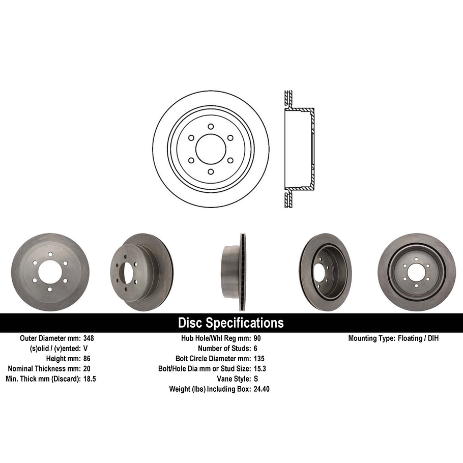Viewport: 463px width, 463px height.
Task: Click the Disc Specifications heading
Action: [231, 323]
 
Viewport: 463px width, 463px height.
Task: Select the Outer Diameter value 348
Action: [89, 338]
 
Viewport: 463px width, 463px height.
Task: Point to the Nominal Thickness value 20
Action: [86, 369]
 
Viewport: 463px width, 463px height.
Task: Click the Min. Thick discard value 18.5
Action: [90, 379]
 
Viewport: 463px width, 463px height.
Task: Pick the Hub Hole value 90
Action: [257, 338]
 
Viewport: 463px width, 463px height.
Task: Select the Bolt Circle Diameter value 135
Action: [259, 359]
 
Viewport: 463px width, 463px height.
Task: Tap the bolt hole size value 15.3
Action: [260, 369]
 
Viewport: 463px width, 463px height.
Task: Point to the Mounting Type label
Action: [370, 338]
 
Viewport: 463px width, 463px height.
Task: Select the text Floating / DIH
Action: [418, 338]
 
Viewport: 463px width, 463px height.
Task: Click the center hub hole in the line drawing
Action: [211, 149]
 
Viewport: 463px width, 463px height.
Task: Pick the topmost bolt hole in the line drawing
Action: [211, 127]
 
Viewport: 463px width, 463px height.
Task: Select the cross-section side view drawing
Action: [298, 149]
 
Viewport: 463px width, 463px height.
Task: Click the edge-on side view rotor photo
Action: [234, 272]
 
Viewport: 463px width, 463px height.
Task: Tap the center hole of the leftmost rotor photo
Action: [49, 272]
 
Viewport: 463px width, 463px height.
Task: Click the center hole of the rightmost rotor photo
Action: [416, 273]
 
